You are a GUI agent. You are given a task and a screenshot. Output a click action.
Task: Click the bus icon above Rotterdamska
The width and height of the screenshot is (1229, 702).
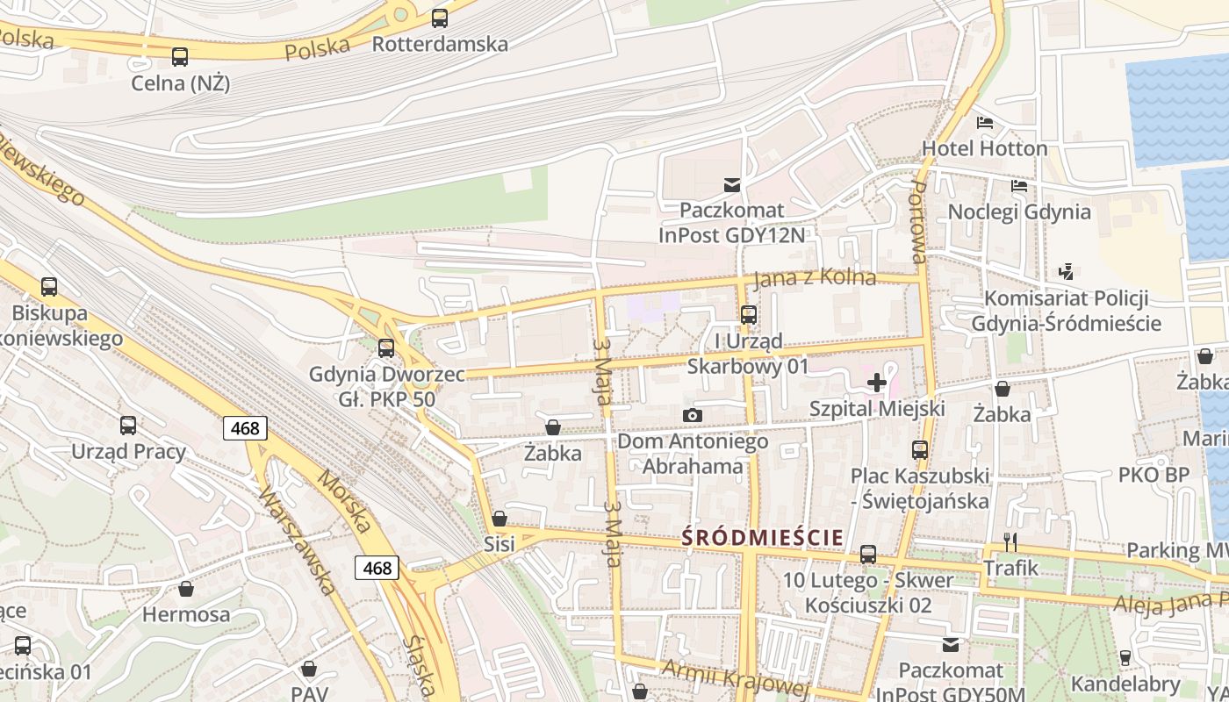pos(440,18)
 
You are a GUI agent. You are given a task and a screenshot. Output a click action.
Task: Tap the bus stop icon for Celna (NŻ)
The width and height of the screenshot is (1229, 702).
pos(180,57)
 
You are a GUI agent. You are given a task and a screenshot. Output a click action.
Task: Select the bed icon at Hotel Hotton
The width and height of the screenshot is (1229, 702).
pos(985,122)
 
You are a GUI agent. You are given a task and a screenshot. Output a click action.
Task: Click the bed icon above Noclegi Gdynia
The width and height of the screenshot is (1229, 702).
pos(1019,186)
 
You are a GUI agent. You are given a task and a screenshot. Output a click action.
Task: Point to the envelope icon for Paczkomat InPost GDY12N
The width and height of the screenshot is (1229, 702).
pos(731,184)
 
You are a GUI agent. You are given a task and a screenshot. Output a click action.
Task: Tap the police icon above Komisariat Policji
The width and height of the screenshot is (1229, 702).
pos(1067,271)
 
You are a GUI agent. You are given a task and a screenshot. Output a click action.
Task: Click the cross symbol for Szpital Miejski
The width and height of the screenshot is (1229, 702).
pos(876,383)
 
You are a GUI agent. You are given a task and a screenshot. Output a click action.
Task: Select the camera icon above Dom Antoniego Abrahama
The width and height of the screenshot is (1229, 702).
pos(693,415)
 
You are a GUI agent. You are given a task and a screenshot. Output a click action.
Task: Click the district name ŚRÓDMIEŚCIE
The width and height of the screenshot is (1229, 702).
pos(763,537)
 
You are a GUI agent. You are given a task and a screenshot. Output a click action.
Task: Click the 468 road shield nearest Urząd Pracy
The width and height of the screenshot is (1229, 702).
pos(245,428)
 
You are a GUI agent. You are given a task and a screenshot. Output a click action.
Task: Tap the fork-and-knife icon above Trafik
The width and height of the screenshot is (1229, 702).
pos(1010,541)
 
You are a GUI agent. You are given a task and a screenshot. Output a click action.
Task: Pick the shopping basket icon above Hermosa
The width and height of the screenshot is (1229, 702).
pos(186,588)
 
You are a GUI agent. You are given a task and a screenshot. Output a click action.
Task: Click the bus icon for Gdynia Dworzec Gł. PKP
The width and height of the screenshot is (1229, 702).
pos(385,348)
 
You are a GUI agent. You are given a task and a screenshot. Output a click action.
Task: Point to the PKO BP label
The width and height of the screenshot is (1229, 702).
pos(1154,475)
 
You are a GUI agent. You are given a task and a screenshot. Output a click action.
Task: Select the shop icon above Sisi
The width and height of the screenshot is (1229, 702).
pos(500,519)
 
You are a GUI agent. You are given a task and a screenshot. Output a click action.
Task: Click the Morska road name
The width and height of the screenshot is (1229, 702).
pos(344,501)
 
